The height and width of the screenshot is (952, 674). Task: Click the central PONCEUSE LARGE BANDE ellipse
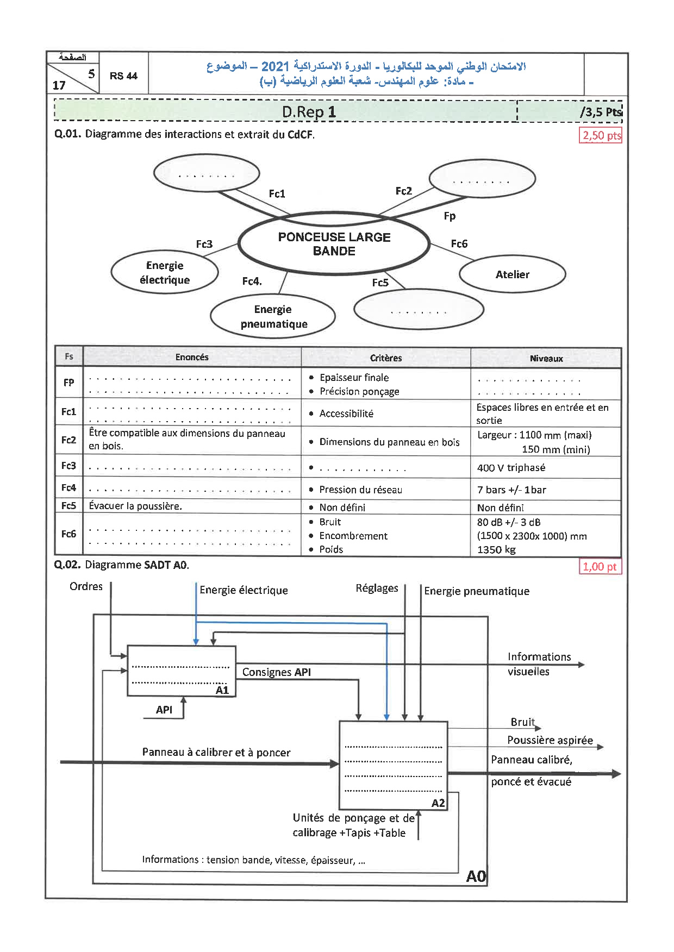334,244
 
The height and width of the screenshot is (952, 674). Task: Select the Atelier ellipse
512,274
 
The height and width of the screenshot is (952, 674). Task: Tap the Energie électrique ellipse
165,272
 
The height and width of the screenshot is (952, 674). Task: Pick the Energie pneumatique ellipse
273,316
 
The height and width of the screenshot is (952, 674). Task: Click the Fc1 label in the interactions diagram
277,193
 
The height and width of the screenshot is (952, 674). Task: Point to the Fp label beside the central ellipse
450,216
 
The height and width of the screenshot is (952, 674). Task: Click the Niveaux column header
546,358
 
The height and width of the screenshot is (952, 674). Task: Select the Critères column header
386,358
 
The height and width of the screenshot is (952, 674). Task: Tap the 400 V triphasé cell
511,467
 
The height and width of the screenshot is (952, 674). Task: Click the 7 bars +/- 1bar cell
511,490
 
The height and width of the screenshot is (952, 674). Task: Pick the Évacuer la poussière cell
135,506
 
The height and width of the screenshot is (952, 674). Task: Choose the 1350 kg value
496,549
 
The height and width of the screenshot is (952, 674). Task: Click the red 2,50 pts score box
601,135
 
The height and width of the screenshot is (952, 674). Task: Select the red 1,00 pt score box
600,567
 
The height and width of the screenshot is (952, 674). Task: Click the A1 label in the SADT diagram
222,690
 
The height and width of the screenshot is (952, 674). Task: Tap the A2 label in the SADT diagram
438,803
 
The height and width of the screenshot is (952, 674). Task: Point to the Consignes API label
277,672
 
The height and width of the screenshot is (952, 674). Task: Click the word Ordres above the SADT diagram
86,586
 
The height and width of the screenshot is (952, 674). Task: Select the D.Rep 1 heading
309,112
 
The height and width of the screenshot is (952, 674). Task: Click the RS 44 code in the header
123,76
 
